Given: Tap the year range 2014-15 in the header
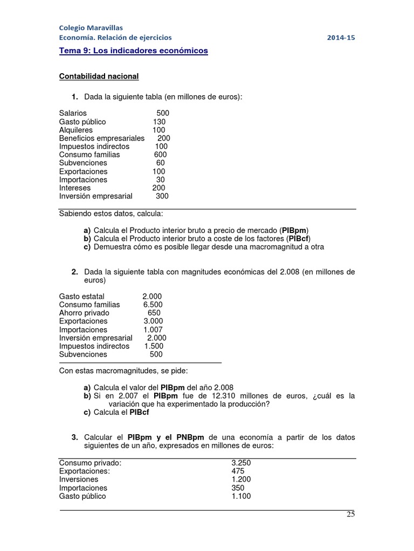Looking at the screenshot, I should pyautogui.click(x=341, y=38).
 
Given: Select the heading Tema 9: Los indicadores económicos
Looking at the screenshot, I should pyautogui.click(x=133, y=51).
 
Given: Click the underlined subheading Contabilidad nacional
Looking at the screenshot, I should pyautogui.click(x=99, y=76).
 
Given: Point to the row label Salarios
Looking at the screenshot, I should pyautogui.click(x=73, y=114).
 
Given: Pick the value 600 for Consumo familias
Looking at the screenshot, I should pyautogui.click(x=160, y=154).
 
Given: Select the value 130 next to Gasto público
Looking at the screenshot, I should pyautogui.click(x=159, y=122).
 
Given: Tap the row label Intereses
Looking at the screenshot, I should pyautogui.click(x=75, y=188).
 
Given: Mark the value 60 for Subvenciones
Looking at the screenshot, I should pyautogui.click(x=160, y=163).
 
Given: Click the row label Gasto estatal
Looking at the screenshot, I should pyautogui.click(x=82, y=296).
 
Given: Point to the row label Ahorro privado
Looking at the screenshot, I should pyautogui.click(x=84, y=313).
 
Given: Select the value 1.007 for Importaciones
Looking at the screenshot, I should pyautogui.click(x=153, y=330).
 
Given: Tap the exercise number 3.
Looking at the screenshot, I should pyautogui.click(x=75, y=437).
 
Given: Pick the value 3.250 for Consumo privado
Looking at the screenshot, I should pyautogui.click(x=241, y=463).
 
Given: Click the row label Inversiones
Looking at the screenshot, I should pyautogui.click(x=79, y=479).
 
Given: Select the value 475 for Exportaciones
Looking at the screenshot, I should pyautogui.click(x=237, y=471).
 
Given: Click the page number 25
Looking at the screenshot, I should pyautogui.click(x=350, y=514).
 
